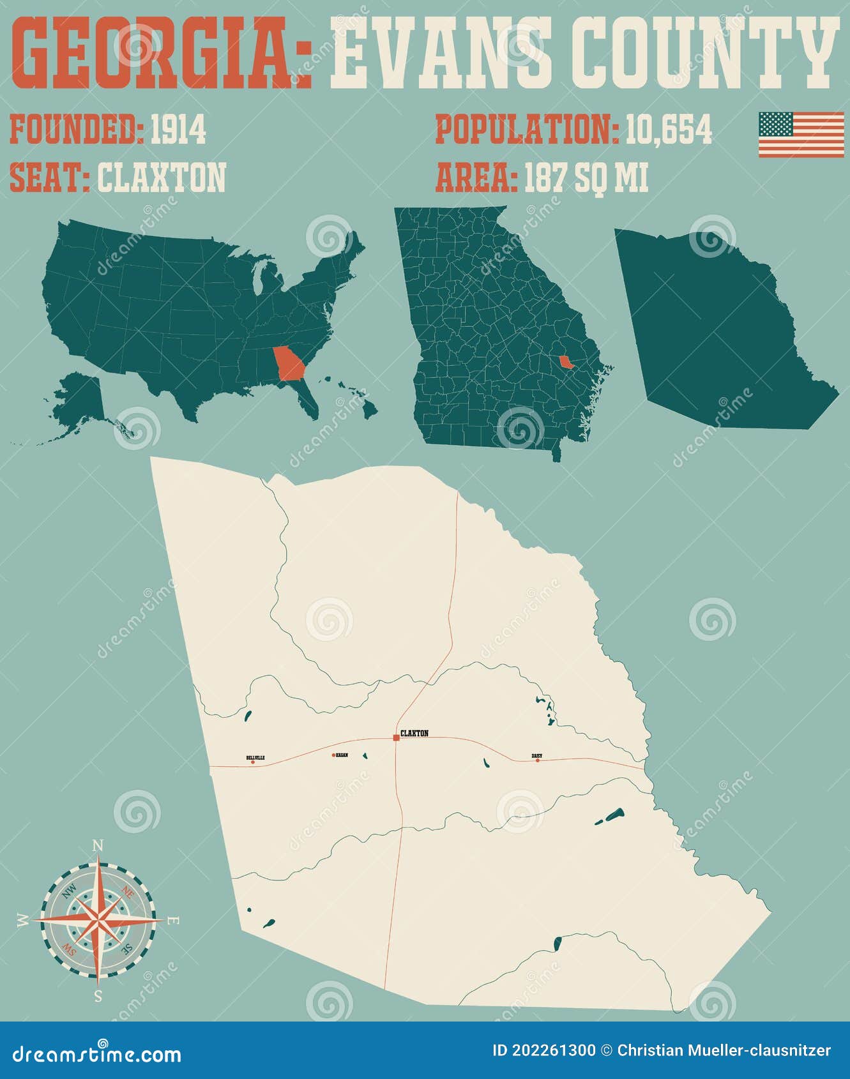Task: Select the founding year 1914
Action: pyautogui.click(x=178, y=130)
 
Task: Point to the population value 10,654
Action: pyautogui.click(x=668, y=130)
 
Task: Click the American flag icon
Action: pyautogui.click(x=801, y=134)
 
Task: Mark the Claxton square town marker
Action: pyautogui.click(x=396, y=737)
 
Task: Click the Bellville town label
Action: pyautogui.click(x=255, y=757)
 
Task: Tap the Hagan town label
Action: pyautogui.click(x=342, y=755)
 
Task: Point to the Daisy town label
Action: pyautogui.click(x=537, y=756)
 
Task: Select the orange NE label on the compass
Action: pyautogui.click(x=128, y=891)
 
